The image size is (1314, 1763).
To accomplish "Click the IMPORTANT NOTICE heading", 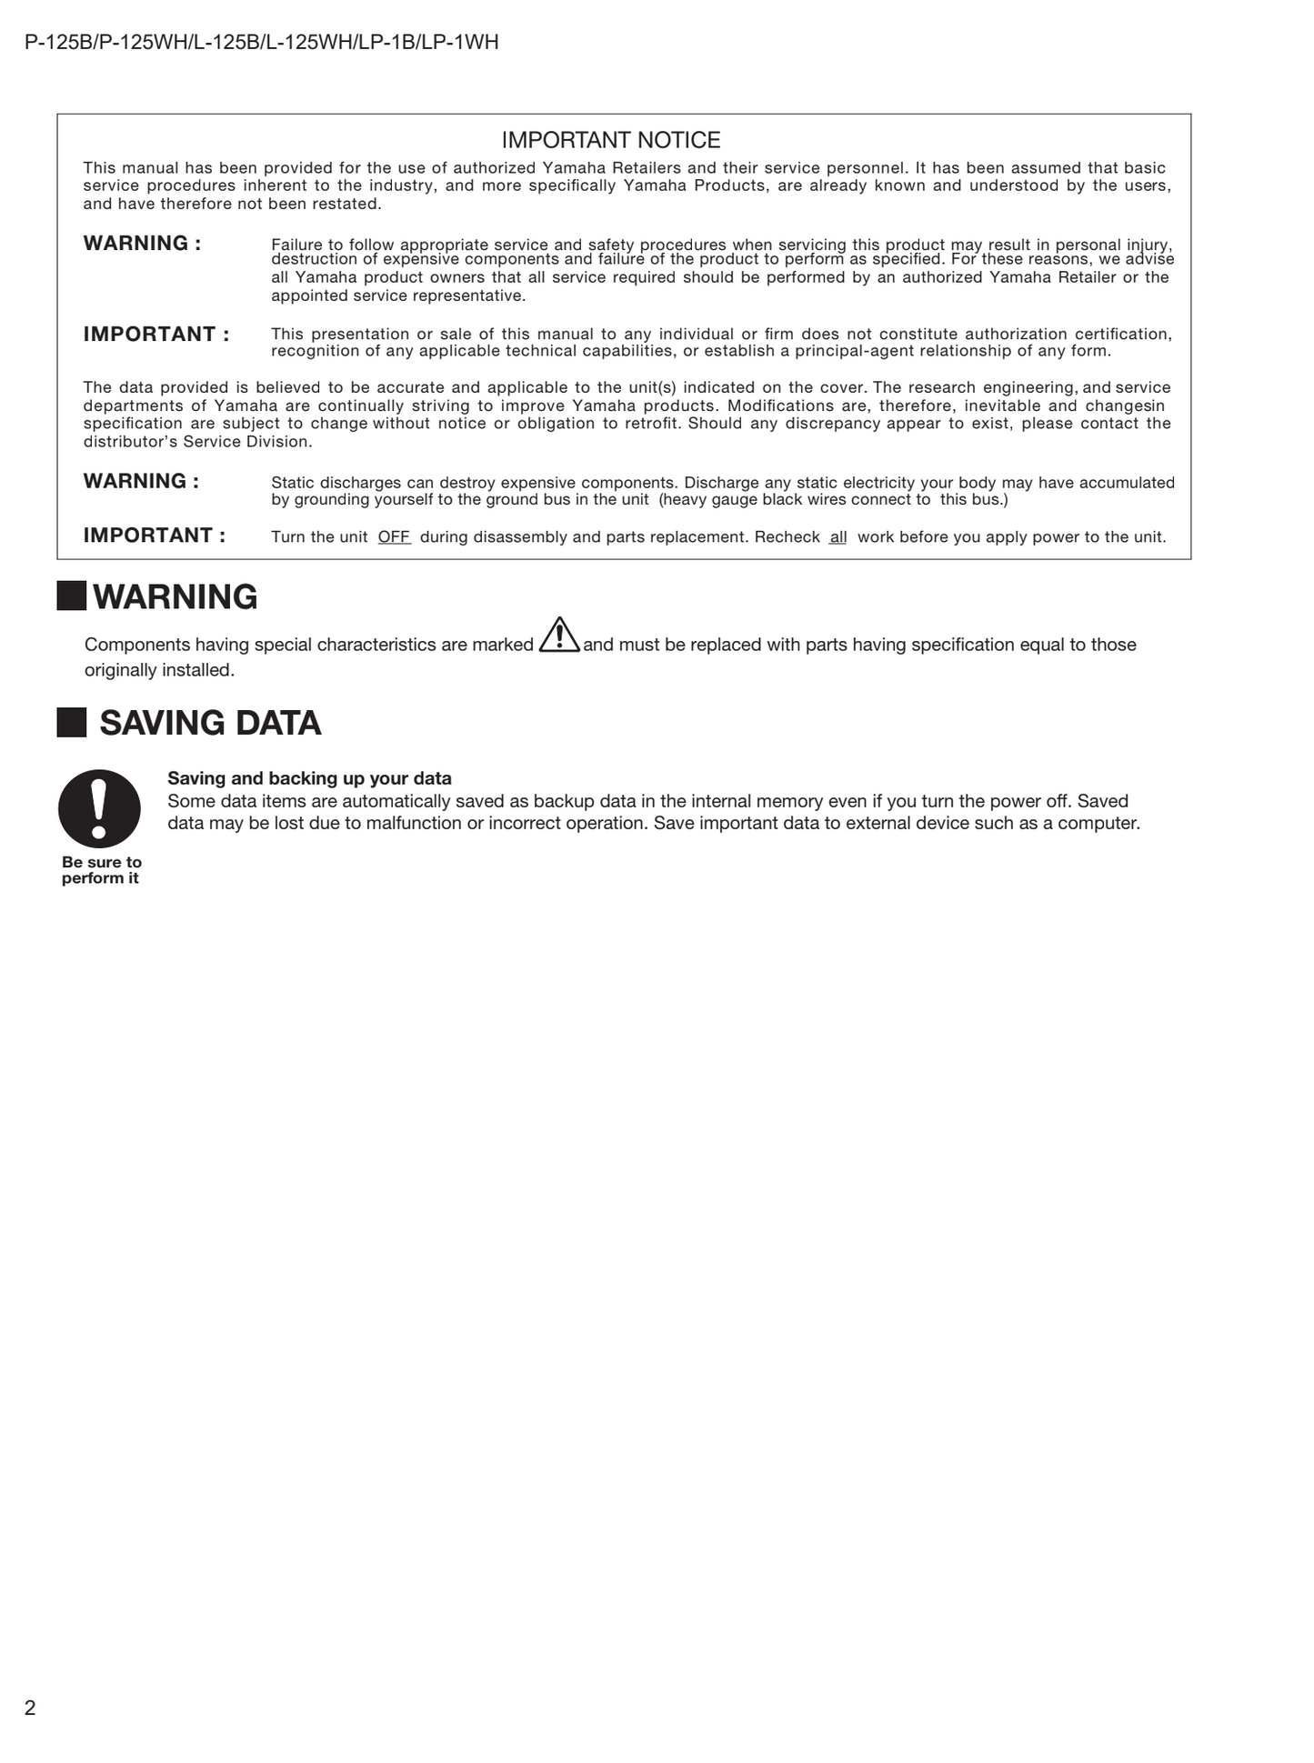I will pos(611,140).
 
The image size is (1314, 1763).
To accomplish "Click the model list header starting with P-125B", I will pos(262,43).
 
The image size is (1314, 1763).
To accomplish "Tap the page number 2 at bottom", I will pos(30,1708).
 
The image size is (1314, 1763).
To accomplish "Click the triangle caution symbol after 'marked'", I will pos(559,636).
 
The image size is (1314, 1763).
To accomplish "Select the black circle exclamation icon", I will pos(99,808).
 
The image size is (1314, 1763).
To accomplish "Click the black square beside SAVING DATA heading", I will pos(72,723).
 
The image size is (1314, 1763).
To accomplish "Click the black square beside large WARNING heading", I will pos(72,596).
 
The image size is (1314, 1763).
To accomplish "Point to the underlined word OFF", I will pos(394,537).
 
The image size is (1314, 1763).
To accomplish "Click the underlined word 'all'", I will pos(838,537).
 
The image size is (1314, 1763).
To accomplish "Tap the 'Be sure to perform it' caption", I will pos(101,870).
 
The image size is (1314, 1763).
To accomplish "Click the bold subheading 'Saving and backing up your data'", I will pos(309,778).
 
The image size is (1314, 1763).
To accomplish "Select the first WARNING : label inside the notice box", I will pos(142,244).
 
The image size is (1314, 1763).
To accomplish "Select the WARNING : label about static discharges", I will pos(141,481).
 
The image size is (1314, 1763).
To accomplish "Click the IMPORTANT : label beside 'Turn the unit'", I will pos(155,536).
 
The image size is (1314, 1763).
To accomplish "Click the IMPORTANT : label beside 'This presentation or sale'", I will pos(156,335).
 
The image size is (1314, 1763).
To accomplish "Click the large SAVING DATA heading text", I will pos(210,723).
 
